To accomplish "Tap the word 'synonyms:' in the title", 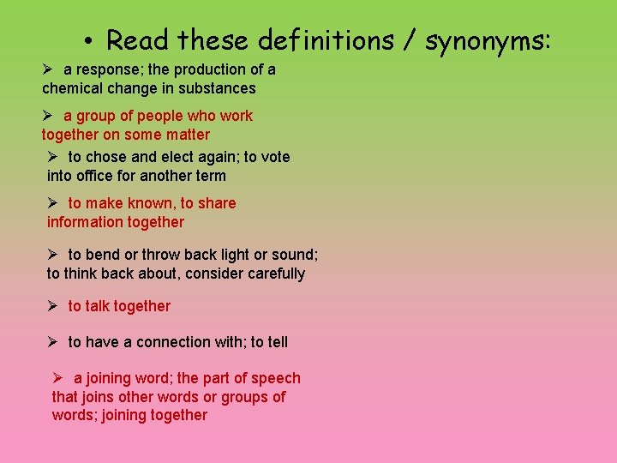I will click(486, 40).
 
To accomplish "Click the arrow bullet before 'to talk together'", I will click(52, 306).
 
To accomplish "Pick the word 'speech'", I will click(276, 378).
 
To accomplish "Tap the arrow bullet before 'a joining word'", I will click(57, 378).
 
